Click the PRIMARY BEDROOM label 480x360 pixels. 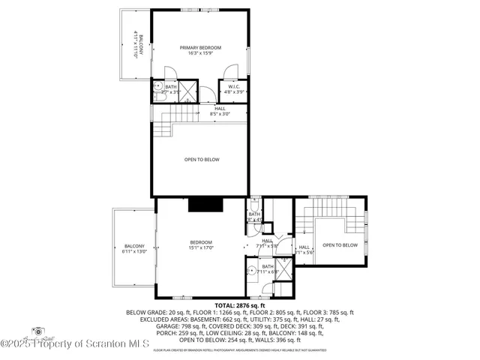pyautogui.click(x=200, y=48)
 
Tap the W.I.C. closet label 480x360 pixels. pyautogui.click(x=234, y=87)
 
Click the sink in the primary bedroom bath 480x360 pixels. pyautogui.click(x=158, y=88)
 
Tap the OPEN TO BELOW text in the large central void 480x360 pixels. pyautogui.click(x=202, y=159)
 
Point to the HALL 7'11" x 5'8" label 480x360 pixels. pyautogui.click(x=267, y=242)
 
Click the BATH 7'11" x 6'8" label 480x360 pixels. pyautogui.click(x=268, y=268)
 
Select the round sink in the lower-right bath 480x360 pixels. pyautogui.click(x=250, y=271)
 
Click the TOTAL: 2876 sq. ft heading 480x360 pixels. pyautogui.click(x=240, y=305)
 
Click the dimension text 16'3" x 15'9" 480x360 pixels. pyautogui.click(x=200, y=54)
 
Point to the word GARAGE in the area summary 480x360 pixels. pyautogui.click(x=140, y=325)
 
